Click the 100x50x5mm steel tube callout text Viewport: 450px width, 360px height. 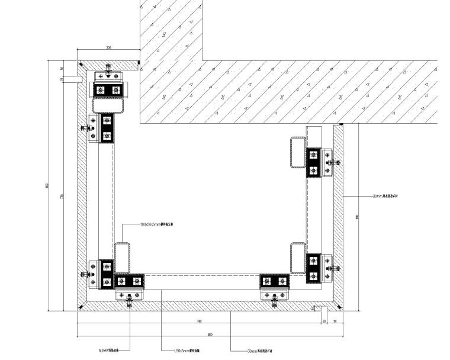coord(156,225)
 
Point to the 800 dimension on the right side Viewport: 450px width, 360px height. coord(357,217)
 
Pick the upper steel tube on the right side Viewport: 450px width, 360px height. coord(298,152)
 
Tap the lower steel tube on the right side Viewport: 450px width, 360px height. coord(298,258)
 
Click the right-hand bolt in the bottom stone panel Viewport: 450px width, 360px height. coord(274,303)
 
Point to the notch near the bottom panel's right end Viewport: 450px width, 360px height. coord(317,308)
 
